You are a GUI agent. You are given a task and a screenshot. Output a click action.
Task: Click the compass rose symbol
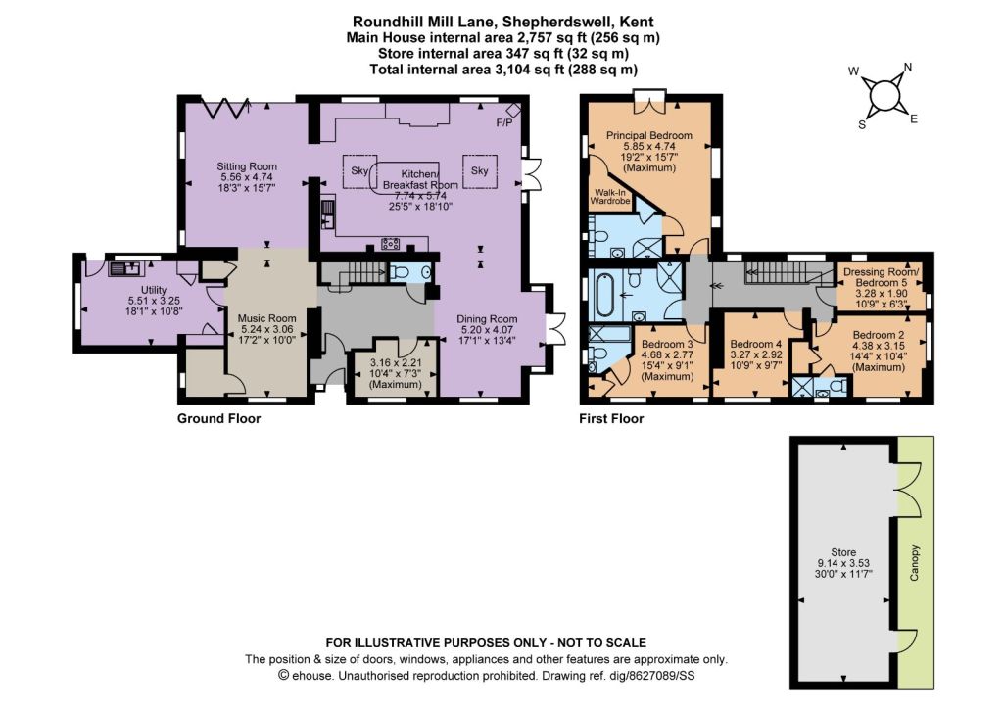(883, 95)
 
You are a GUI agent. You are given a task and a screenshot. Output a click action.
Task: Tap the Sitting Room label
(247, 166)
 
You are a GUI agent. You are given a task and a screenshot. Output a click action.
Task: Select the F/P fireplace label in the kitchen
(504, 122)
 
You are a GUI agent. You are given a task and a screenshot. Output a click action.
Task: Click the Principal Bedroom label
(649, 135)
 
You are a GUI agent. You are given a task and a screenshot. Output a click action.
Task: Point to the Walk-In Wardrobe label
(610, 197)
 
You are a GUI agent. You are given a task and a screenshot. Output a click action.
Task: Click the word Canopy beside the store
(914, 563)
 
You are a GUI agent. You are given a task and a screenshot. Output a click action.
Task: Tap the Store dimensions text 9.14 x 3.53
(843, 563)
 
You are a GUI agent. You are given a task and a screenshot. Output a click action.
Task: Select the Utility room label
(154, 290)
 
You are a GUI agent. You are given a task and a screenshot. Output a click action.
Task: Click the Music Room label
(266, 318)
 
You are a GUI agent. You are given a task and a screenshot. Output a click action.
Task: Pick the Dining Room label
(487, 319)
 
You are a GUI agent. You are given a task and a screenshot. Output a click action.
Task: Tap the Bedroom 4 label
(756, 344)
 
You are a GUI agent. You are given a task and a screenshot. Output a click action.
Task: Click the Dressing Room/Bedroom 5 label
(881, 277)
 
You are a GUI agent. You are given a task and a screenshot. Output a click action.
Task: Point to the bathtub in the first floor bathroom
(605, 295)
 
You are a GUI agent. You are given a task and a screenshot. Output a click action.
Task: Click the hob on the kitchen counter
(391, 243)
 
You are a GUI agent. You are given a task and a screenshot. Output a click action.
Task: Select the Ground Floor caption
(218, 418)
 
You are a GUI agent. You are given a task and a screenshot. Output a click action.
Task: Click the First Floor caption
(611, 418)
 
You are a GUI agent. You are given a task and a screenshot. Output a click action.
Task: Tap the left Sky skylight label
(359, 170)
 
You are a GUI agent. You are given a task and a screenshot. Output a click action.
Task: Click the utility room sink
(127, 268)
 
